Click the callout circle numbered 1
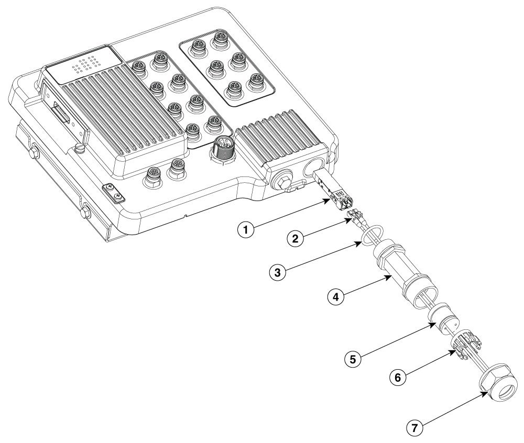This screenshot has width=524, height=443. pos(246,230)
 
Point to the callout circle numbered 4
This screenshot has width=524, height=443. pos(336,296)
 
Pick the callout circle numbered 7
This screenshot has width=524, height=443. pos(415,428)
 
